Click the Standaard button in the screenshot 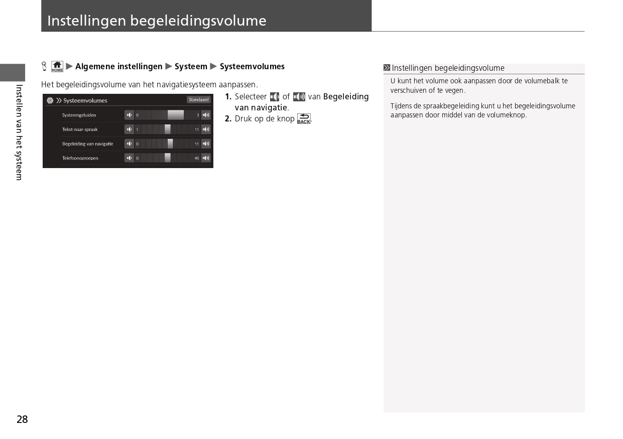click(x=198, y=100)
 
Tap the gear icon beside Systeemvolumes click(x=50, y=100)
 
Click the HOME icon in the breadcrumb click(x=57, y=66)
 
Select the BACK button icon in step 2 click(x=304, y=119)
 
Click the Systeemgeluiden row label click(x=79, y=115)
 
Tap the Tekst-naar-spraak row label click(x=80, y=129)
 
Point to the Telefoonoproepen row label click(x=80, y=158)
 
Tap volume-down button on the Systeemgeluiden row click(x=129, y=115)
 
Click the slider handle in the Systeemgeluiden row click(x=175, y=115)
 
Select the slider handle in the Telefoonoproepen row click(x=168, y=158)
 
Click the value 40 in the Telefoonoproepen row click(x=197, y=158)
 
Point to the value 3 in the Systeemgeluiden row click(x=198, y=115)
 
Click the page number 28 click(x=22, y=419)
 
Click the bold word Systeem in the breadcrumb click(x=191, y=66)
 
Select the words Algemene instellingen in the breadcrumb click(x=118, y=66)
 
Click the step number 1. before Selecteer click(x=228, y=97)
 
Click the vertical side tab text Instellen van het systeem click(x=19, y=132)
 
